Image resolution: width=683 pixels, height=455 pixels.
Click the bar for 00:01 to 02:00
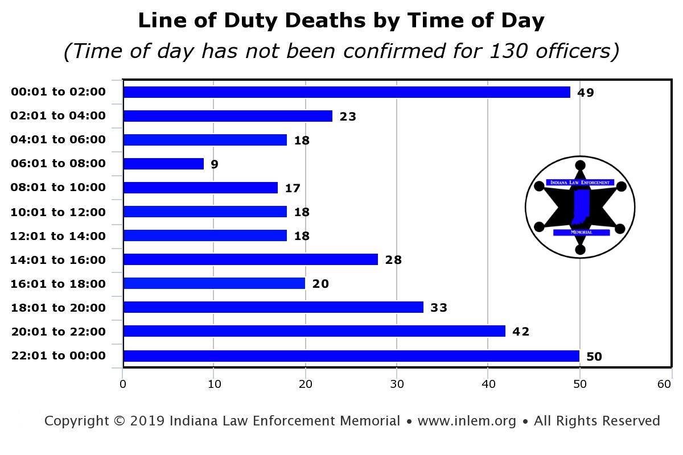[x=347, y=92]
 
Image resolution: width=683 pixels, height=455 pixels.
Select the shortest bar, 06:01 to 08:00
[x=163, y=164]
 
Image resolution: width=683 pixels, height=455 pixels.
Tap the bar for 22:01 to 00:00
[x=351, y=356]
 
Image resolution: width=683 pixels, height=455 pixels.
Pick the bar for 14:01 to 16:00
[x=250, y=260]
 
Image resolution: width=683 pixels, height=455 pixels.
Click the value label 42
[x=521, y=332]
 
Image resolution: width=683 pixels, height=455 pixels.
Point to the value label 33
[x=439, y=308]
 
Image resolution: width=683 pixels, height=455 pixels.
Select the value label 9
[x=215, y=164]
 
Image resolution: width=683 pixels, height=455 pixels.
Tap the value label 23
[x=348, y=117]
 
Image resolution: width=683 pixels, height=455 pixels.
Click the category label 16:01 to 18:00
[x=58, y=284]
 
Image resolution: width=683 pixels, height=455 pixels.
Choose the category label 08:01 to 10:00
[x=58, y=188]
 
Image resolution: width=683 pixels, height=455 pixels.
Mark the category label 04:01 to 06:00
[x=58, y=140]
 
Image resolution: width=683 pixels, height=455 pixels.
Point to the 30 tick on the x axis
[x=397, y=384]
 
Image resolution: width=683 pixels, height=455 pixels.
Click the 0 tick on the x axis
[x=123, y=384]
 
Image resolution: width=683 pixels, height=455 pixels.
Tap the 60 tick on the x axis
[x=664, y=384]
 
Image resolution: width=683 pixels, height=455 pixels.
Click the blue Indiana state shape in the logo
[x=581, y=208]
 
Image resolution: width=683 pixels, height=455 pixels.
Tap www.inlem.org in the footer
[x=467, y=421]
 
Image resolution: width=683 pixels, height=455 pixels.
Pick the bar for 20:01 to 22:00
[x=314, y=331]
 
